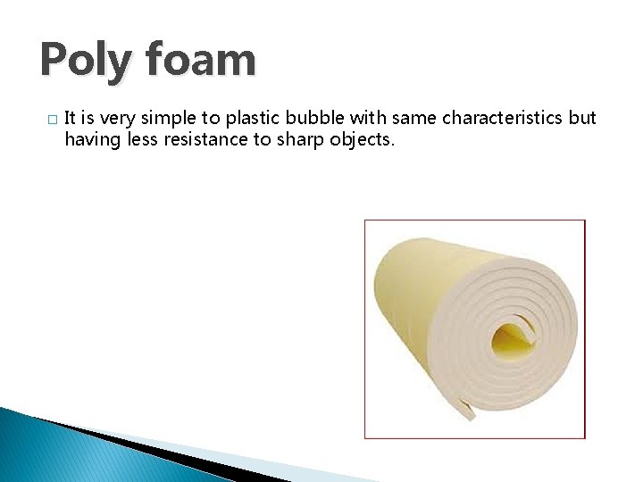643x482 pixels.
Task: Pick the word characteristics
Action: click(x=505, y=119)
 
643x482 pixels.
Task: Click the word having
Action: click(x=90, y=140)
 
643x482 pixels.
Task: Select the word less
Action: click(x=140, y=140)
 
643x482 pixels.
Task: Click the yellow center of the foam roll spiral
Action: click(x=514, y=337)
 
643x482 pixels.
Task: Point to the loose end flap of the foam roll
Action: click(x=466, y=408)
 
